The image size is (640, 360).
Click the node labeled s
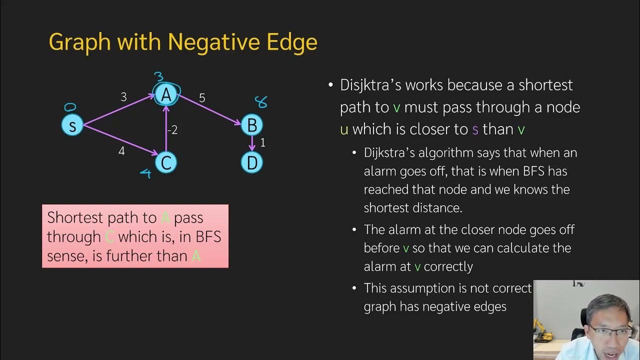pos(72,125)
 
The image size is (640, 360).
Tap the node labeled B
pos(252,125)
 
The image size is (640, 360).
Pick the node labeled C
pos(165,162)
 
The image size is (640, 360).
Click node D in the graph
pos(252,162)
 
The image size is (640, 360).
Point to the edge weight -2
pos(172,130)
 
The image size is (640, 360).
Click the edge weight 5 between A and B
pos(202,98)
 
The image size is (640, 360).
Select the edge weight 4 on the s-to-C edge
pos(121,150)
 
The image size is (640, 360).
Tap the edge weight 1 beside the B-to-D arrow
pos(263,143)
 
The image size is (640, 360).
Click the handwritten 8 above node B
pos(260,102)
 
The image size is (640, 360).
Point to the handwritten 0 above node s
pos(70,107)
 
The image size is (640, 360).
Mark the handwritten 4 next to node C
pos(145,173)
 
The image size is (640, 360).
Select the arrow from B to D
pos(252,143)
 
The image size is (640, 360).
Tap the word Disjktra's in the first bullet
pos(370,85)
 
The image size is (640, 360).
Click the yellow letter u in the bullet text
pos(344,129)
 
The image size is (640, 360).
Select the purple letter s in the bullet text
pos(475,129)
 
